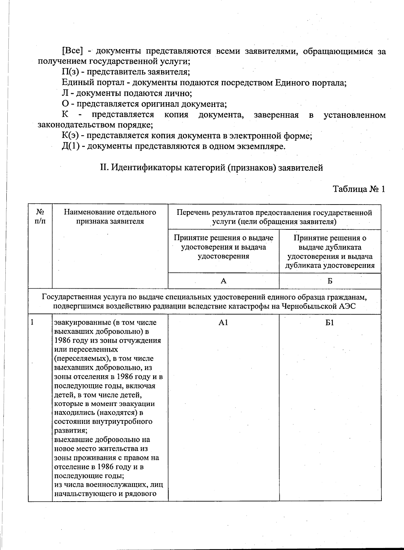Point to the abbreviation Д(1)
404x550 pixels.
(x=71, y=147)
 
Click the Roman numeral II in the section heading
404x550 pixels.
(x=104, y=168)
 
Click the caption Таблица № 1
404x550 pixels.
(x=359, y=189)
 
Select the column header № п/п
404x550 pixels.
(x=40, y=217)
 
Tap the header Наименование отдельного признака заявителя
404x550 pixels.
(x=110, y=217)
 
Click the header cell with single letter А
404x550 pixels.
(x=223, y=281)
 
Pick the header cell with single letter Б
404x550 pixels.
(x=330, y=281)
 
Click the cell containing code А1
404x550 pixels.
(x=223, y=323)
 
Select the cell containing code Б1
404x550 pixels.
(x=330, y=323)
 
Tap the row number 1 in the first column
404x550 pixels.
(x=32, y=322)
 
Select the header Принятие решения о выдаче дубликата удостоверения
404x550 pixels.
(x=330, y=252)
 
